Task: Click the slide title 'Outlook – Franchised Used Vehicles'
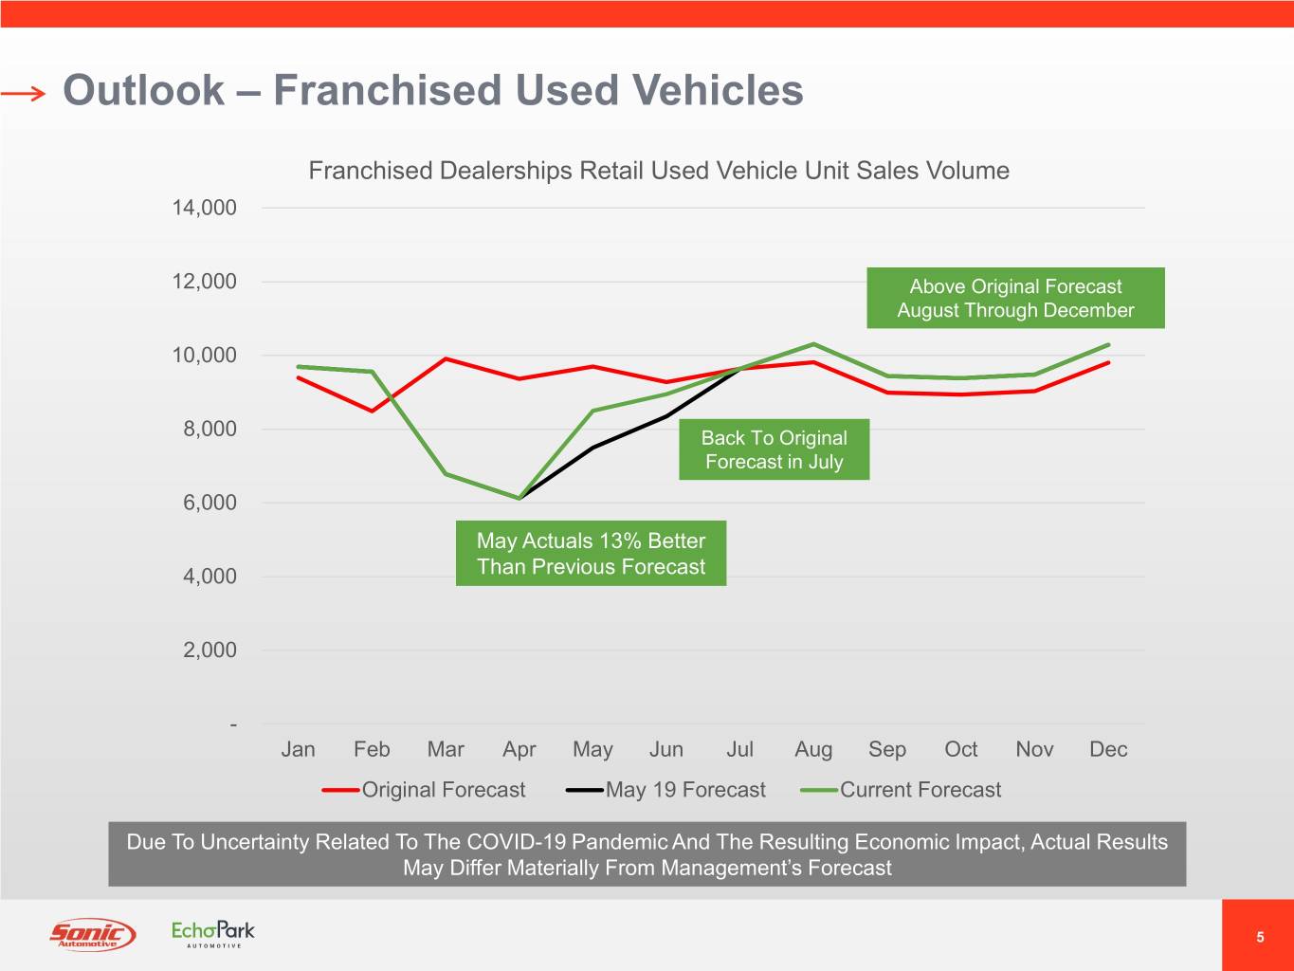(x=432, y=91)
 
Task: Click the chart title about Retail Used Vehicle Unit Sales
(x=658, y=171)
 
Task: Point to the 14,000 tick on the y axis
(x=204, y=208)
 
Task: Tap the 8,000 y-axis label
(x=210, y=429)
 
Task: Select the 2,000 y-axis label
(x=210, y=650)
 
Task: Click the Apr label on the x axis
(x=519, y=749)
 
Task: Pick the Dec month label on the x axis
(x=1107, y=749)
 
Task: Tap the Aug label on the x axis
(x=813, y=749)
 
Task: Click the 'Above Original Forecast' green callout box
(x=1015, y=299)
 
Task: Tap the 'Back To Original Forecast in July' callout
(x=774, y=449)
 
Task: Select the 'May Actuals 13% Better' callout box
(x=591, y=554)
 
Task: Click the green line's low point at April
(x=519, y=498)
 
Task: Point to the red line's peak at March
(x=446, y=358)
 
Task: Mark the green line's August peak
(x=813, y=343)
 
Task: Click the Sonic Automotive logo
(x=92, y=935)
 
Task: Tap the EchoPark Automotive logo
(x=213, y=933)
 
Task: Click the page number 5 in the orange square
(x=1259, y=937)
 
